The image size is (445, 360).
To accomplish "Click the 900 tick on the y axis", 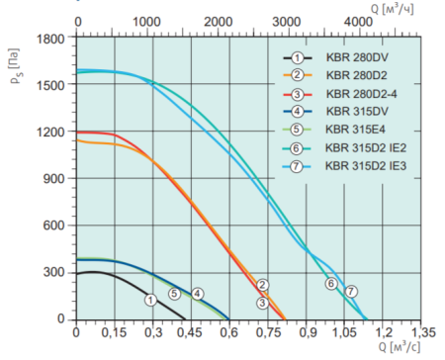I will coord(57,179).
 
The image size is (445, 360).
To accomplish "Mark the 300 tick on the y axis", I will coord(57,273).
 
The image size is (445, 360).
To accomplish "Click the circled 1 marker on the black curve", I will coord(150,300).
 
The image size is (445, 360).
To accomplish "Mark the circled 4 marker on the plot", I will coord(197,294).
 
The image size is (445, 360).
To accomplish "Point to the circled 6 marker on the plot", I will coord(331,284).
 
